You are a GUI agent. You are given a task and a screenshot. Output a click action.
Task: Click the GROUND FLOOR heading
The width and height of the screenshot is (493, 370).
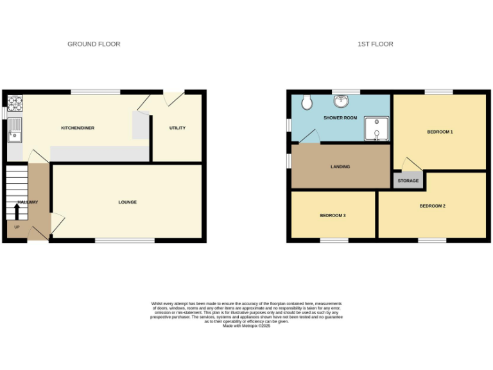(94, 44)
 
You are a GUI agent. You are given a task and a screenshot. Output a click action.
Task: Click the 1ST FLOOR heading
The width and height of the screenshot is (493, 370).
(376, 44)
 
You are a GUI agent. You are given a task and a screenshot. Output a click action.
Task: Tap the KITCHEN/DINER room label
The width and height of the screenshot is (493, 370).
(78, 128)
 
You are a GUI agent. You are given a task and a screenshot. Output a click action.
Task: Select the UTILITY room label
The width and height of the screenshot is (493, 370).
(177, 128)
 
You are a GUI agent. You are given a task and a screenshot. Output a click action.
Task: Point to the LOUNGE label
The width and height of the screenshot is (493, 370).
(127, 202)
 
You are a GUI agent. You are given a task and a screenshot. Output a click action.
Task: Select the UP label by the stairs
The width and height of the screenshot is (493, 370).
(17, 227)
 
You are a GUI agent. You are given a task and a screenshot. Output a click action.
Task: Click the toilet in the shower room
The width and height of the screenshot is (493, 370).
(306, 101)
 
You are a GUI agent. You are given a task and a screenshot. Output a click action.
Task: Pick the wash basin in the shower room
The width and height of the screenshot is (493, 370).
(340, 101)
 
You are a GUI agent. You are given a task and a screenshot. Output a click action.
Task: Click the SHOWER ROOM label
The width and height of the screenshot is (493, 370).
(340, 118)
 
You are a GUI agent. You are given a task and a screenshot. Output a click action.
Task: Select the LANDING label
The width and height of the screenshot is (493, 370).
(340, 166)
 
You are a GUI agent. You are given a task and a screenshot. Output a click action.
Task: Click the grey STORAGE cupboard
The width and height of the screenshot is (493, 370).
(408, 181)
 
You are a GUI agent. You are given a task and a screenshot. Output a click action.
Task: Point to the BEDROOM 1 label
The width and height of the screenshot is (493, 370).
(440, 132)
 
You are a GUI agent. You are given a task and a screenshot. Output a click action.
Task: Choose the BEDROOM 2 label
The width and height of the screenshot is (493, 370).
(432, 206)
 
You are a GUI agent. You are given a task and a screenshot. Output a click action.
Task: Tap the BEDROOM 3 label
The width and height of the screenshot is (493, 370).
(333, 215)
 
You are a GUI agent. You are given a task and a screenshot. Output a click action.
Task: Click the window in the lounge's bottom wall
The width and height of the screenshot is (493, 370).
(125, 241)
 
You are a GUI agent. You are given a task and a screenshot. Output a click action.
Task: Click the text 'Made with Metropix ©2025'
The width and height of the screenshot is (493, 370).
(246, 326)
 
